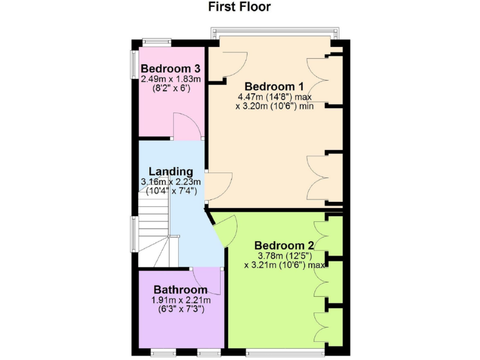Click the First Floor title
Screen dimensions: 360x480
coord(239,7)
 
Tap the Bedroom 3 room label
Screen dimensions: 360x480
coord(170,69)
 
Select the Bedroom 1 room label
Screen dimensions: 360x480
coord(274,87)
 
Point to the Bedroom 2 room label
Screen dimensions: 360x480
coord(284,245)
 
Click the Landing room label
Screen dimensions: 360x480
coord(171,172)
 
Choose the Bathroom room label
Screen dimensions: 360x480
coord(181,290)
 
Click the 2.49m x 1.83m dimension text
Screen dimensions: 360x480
coord(170,79)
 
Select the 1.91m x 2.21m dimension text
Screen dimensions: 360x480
coord(181,301)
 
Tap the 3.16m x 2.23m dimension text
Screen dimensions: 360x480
coord(171,182)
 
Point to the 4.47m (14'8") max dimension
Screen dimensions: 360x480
coord(274,97)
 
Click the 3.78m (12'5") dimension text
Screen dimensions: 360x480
coord(284,255)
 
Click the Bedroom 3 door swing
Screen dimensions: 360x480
coord(186,126)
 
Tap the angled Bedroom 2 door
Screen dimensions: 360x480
coord(225,229)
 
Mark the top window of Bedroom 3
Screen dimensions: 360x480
coord(156,42)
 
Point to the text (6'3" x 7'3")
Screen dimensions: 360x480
coord(181,310)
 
